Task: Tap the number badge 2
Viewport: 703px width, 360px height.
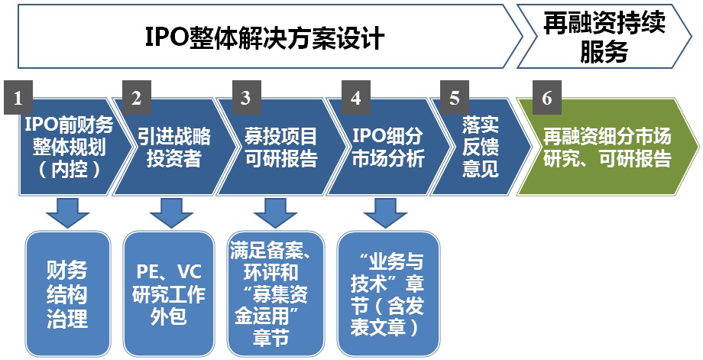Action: point(136,97)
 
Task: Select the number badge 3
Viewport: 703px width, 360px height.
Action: point(245,97)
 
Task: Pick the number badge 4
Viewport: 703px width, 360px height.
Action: point(355,97)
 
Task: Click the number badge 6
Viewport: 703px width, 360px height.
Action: point(546,97)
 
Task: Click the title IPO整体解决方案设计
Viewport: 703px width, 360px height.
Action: point(264,37)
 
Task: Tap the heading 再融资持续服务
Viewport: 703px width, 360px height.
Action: point(604,37)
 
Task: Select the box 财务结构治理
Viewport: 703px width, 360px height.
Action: point(67,294)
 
